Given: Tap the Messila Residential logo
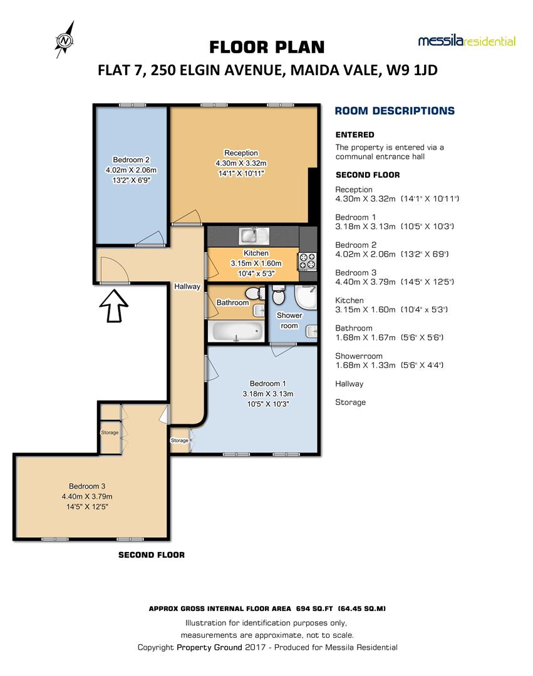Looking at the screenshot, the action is pyautogui.click(x=467, y=41).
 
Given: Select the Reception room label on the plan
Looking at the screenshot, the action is pyautogui.click(x=241, y=153).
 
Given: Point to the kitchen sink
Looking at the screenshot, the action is pyautogui.click(x=254, y=235).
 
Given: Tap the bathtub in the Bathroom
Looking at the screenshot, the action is pyautogui.click(x=236, y=330).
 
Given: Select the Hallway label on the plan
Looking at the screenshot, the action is pyautogui.click(x=187, y=287).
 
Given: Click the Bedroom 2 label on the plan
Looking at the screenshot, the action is pyautogui.click(x=131, y=160).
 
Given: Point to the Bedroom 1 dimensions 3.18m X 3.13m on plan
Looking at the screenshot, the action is pyautogui.click(x=268, y=394).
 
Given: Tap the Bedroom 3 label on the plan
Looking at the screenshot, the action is pyautogui.click(x=87, y=486).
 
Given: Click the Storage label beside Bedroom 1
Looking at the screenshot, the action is pyautogui.click(x=180, y=441).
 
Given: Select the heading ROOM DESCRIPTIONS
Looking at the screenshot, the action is pyautogui.click(x=395, y=111).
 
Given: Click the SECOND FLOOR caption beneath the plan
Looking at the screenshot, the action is pyautogui.click(x=152, y=555).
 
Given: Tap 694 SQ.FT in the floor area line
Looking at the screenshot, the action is pyautogui.click(x=313, y=608).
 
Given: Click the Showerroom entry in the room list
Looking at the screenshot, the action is pyautogui.click(x=354, y=356).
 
